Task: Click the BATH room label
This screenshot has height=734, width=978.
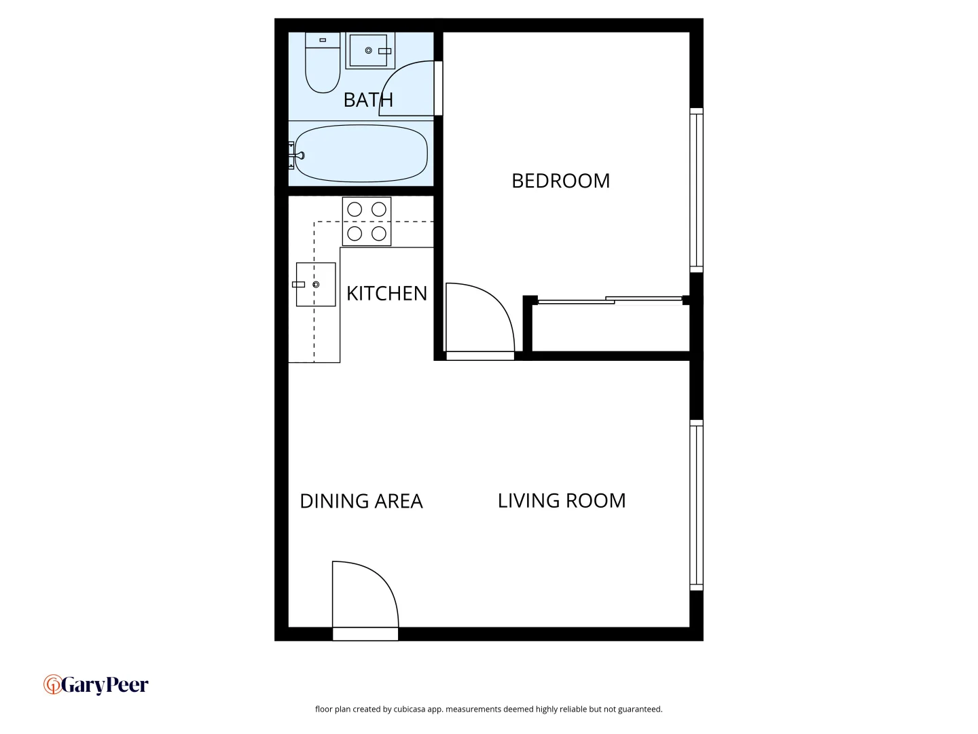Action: [368, 100]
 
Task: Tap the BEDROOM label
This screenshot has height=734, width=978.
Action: [560, 181]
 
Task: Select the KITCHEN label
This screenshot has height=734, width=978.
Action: [386, 294]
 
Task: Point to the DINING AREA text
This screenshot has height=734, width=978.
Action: [361, 502]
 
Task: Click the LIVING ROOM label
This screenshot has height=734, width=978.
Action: [562, 501]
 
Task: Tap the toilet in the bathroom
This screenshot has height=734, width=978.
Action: [323, 65]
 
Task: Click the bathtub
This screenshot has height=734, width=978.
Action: [361, 154]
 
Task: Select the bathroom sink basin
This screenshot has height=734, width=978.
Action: [368, 51]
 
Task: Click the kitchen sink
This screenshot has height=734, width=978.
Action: [316, 284]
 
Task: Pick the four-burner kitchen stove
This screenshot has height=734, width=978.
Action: [367, 222]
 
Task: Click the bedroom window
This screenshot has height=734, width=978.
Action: [696, 190]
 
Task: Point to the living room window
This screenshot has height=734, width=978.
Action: [696, 504]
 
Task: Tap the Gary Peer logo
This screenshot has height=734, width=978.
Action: [96, 684]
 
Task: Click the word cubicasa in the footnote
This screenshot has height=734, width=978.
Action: [409, 710]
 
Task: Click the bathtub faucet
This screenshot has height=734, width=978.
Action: [297, 156]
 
